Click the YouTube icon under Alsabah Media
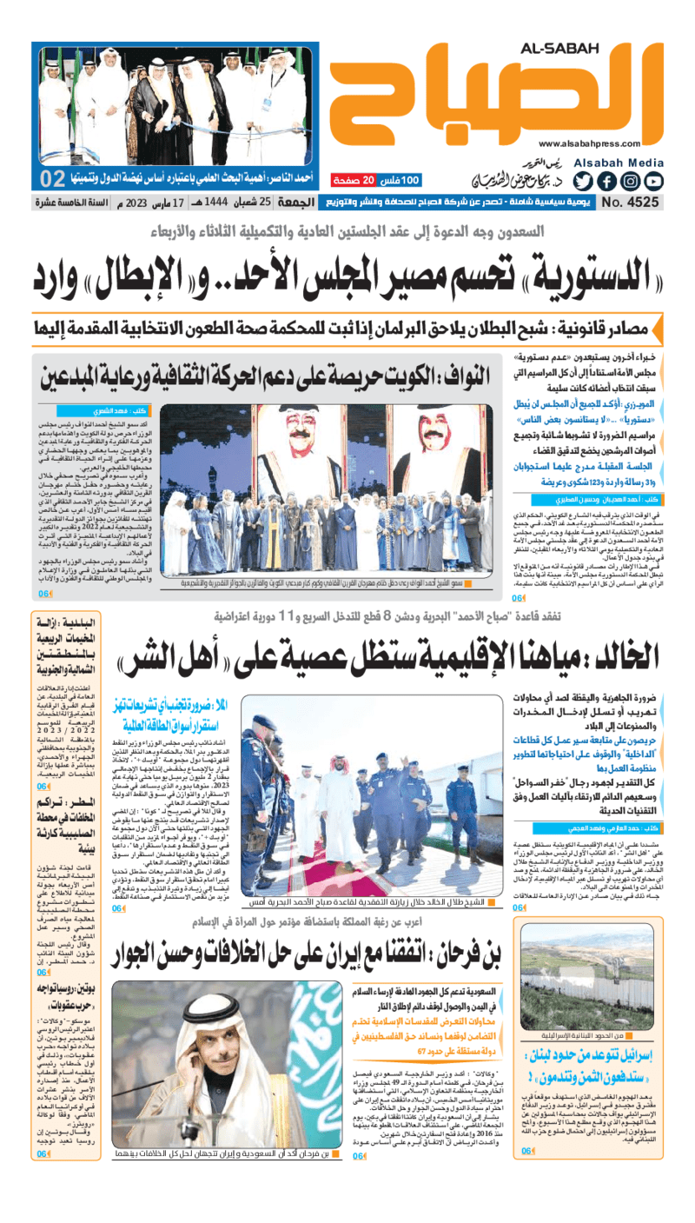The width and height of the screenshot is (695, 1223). tap(654, 182)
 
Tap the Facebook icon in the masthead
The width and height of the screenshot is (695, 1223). tap(607, 182)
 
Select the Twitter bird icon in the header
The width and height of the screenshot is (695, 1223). tap(584, 182)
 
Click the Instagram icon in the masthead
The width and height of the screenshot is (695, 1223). tap(631, 182)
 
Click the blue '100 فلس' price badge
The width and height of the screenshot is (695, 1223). tap(400, 180)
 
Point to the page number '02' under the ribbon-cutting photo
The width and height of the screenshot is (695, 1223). tap(54, 180)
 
